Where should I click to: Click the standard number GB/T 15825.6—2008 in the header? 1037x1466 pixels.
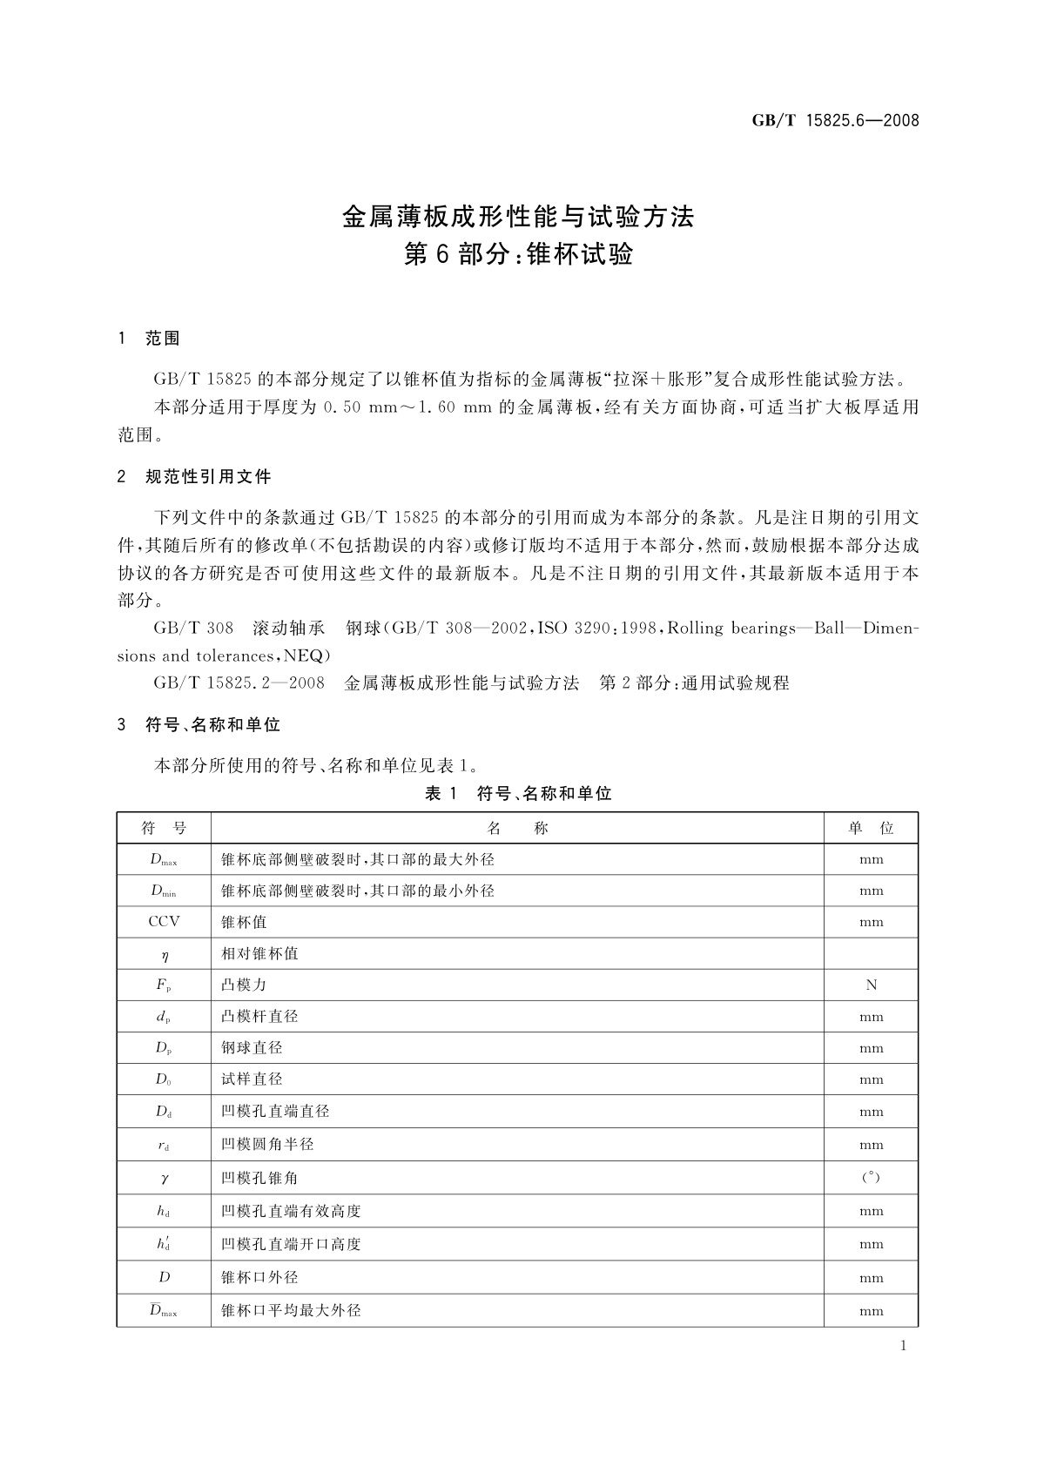835,121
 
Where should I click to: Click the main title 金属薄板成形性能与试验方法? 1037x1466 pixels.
518,217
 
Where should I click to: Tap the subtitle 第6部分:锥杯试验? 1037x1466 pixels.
518,254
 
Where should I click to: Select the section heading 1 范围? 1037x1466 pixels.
149,339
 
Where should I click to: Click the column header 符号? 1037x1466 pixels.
164,828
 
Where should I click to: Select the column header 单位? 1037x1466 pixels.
871,828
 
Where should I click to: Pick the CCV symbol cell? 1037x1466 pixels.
164,921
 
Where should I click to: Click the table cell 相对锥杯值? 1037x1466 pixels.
260,953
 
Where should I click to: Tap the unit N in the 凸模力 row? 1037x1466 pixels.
871,985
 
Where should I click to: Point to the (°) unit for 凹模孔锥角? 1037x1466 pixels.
871,1178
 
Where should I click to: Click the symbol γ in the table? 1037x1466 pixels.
164,1178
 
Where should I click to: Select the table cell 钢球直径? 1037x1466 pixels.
253,1048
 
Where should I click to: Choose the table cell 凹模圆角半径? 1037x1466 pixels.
267,1145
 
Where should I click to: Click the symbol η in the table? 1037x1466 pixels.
164,954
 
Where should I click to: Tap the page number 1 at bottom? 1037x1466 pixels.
903,1346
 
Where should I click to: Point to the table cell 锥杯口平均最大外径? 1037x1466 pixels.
291,1310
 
